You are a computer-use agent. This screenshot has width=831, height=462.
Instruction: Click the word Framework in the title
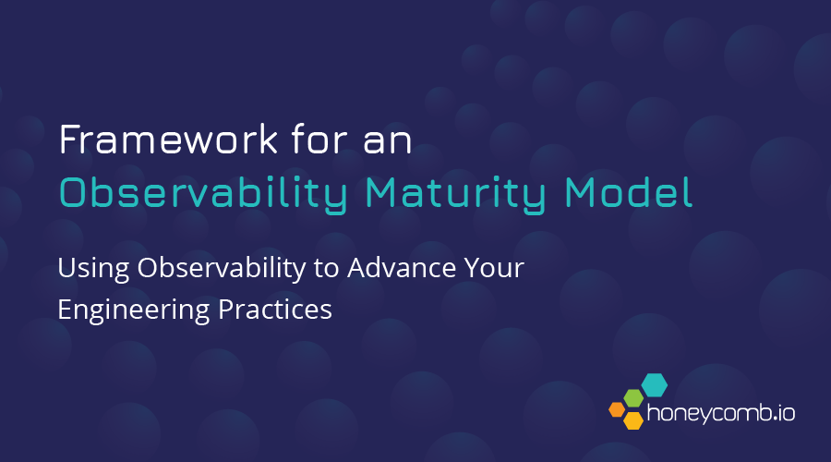tap(163, 140)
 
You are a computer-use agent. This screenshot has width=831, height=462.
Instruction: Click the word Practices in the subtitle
tap(276, 310)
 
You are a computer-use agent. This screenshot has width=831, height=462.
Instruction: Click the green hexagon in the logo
tap(633, 397)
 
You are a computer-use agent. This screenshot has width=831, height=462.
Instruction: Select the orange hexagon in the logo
tap(616, 408)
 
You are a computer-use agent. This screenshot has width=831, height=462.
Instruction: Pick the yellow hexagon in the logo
tap(633, 420)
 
